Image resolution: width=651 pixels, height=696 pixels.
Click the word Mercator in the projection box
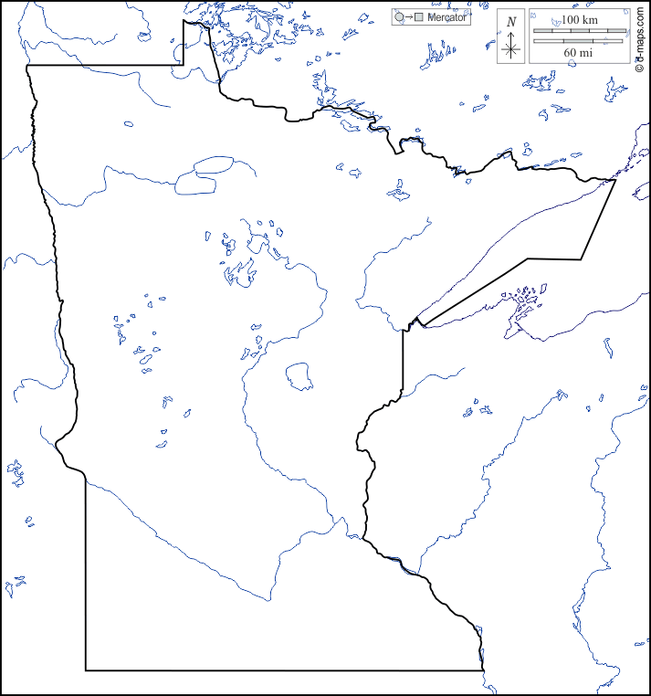[447, 17]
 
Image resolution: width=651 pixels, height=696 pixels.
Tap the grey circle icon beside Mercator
[399, 17]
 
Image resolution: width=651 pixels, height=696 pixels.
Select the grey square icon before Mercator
[418, 17]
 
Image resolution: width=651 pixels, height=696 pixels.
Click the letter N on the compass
[511, 21]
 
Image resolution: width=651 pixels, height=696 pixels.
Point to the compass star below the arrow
[511, 50]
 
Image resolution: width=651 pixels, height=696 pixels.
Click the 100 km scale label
[579, 19]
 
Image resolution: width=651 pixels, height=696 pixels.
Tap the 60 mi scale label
[579, 53]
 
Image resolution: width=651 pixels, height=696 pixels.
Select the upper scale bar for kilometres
[579, 31]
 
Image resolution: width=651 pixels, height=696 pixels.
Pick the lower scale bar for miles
[579, 41]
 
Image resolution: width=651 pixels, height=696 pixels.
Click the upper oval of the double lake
[213, 165]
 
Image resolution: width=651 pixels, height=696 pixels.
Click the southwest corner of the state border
[87, 670]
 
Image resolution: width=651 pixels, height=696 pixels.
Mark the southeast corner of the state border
[481, 670]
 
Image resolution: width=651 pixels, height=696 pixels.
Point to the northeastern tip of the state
[614, 180]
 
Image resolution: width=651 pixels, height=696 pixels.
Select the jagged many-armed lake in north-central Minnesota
[241, 270]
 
